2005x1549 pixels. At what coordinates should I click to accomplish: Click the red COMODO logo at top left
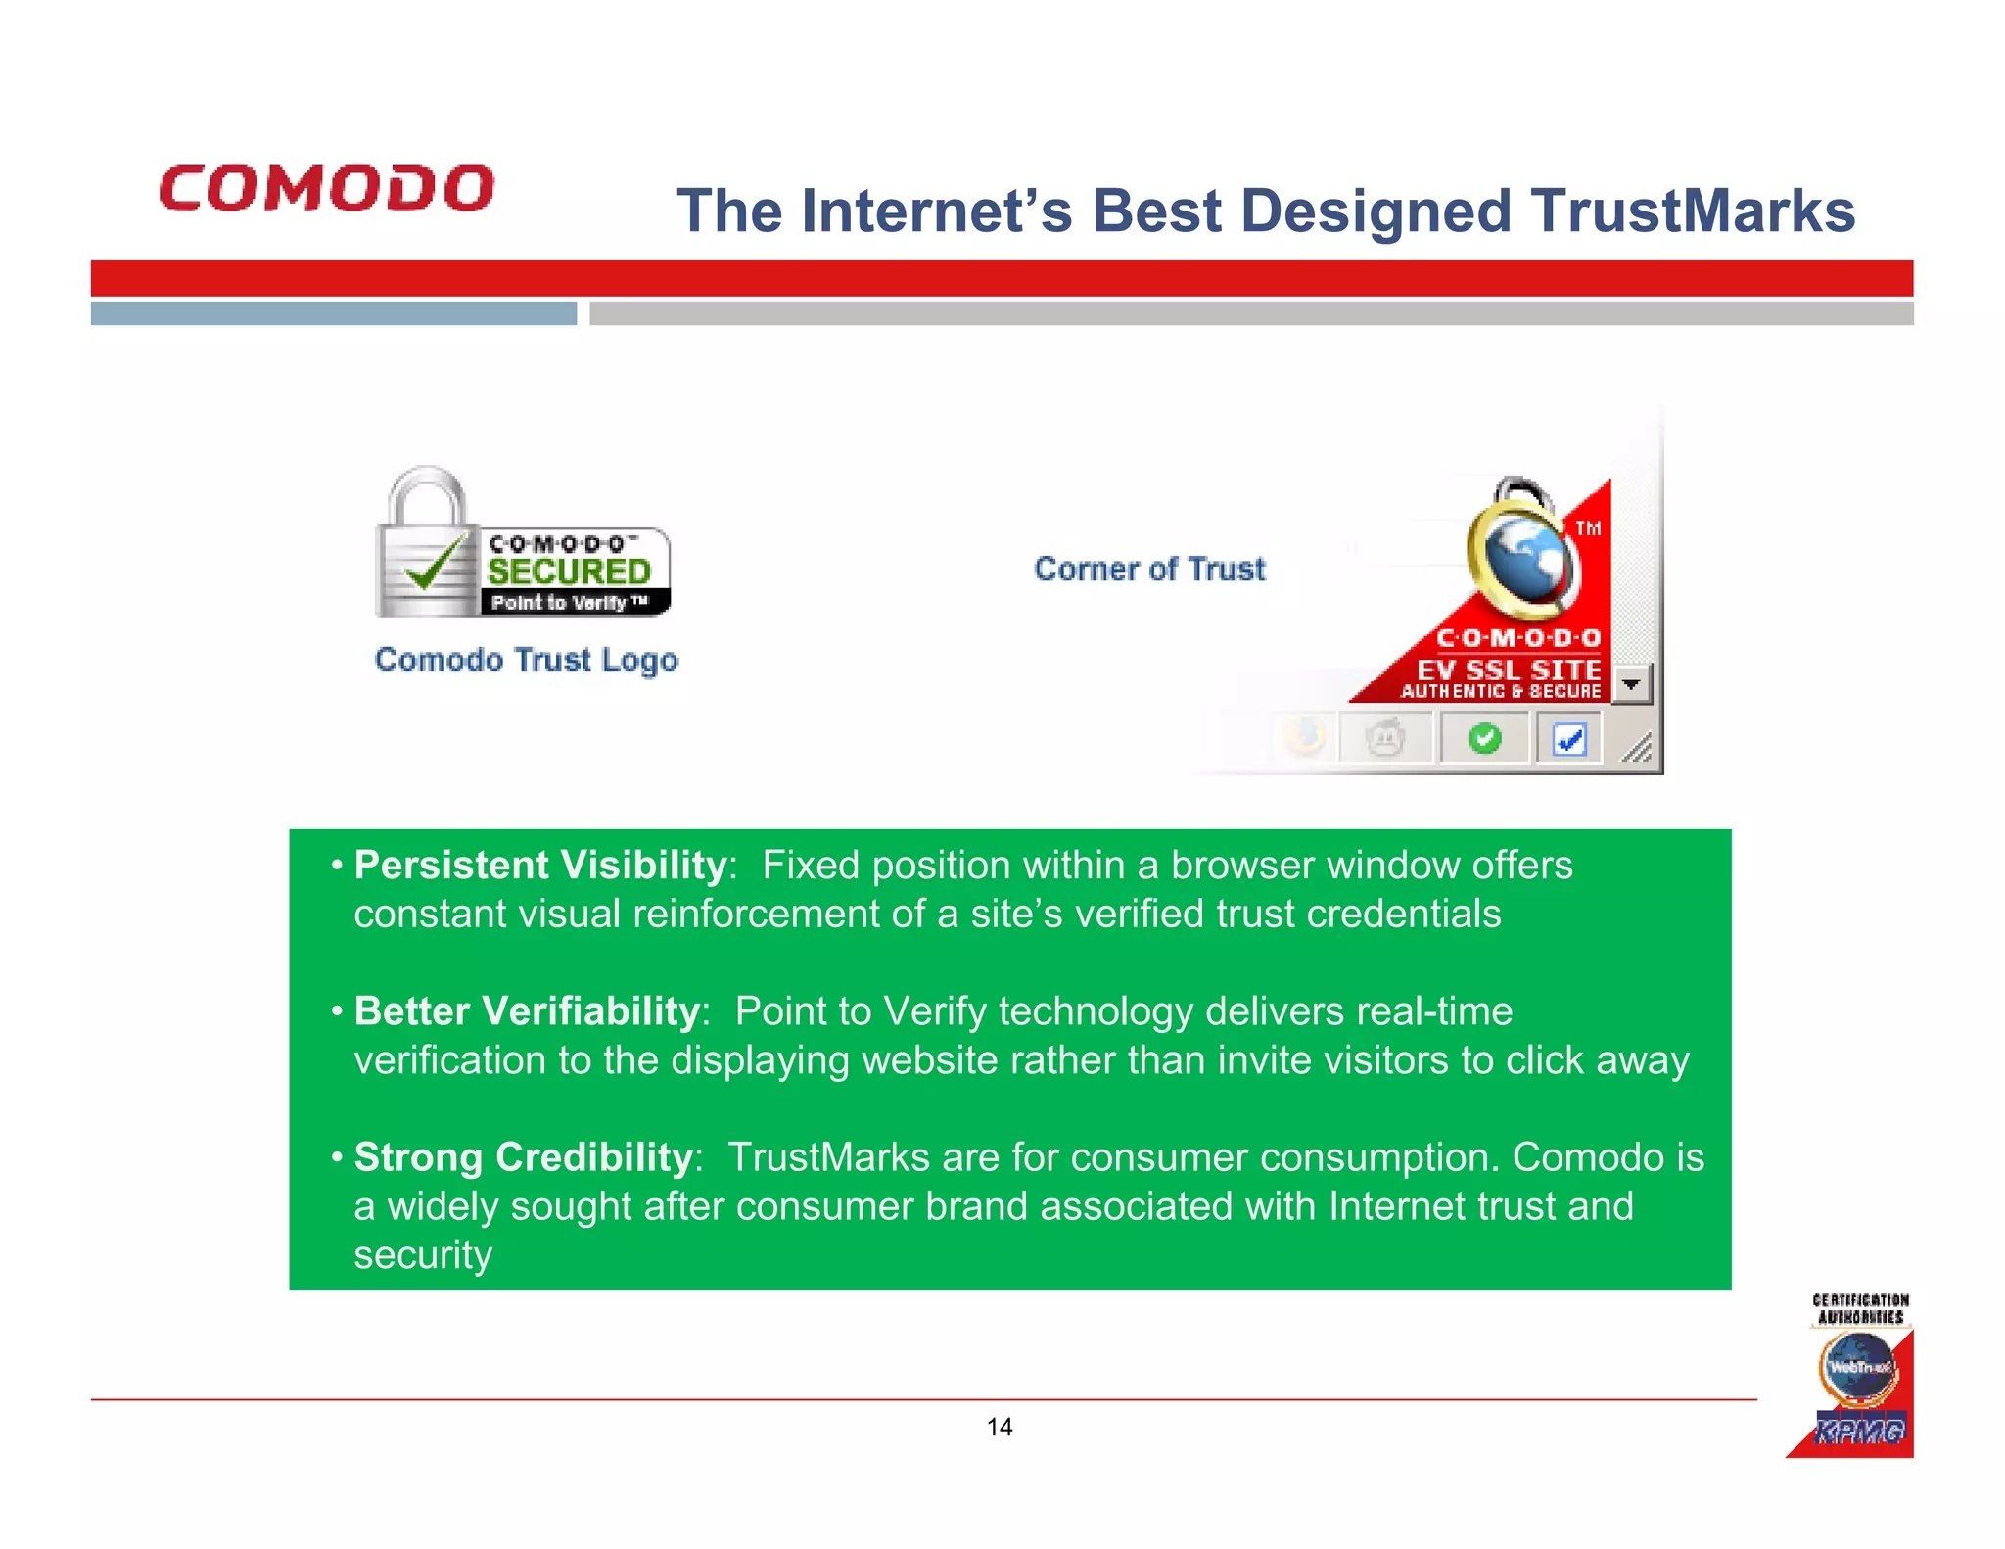click(326, 188)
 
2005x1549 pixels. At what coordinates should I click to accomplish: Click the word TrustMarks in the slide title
click(1693, 211)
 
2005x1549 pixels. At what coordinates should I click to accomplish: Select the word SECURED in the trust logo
click(569, 572)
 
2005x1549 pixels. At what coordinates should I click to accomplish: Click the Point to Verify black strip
click(572, 603)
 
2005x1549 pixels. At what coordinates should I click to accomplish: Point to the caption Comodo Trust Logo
click(526, 660)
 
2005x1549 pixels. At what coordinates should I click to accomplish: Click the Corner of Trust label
click(1149, 569)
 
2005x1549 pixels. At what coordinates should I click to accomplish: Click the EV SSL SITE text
click(1509, 670)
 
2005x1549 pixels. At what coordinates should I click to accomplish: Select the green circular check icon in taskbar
click(1484, 738)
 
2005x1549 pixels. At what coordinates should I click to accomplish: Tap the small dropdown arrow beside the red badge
click(1631, 683)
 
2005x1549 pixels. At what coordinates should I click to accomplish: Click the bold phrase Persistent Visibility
click(539, 866)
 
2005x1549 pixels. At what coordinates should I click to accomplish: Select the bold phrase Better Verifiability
click(527, 1011)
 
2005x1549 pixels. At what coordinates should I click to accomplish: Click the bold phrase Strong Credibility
click(523, 1157)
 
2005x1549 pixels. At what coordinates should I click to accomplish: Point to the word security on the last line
click(422, 1255)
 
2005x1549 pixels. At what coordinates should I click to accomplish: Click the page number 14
click(1000, 1427)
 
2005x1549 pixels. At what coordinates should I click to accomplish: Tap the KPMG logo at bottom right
click(1858, 1431)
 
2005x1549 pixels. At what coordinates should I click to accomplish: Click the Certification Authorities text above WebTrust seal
click(1860, 1309)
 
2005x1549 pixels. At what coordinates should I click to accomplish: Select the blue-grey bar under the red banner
click(333, 313)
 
